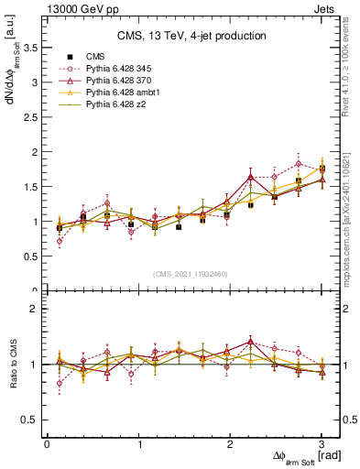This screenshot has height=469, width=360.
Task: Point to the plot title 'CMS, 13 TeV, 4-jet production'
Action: pyautogui.click(x=191, y=37)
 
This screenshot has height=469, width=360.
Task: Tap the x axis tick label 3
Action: pyautogui.click(x=322, y=444)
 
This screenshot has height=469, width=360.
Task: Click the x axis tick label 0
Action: pyautogui.click(x=47, y=444)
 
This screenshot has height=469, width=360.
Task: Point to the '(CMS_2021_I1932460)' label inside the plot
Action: pyautogui.click(x=191, y=273)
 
